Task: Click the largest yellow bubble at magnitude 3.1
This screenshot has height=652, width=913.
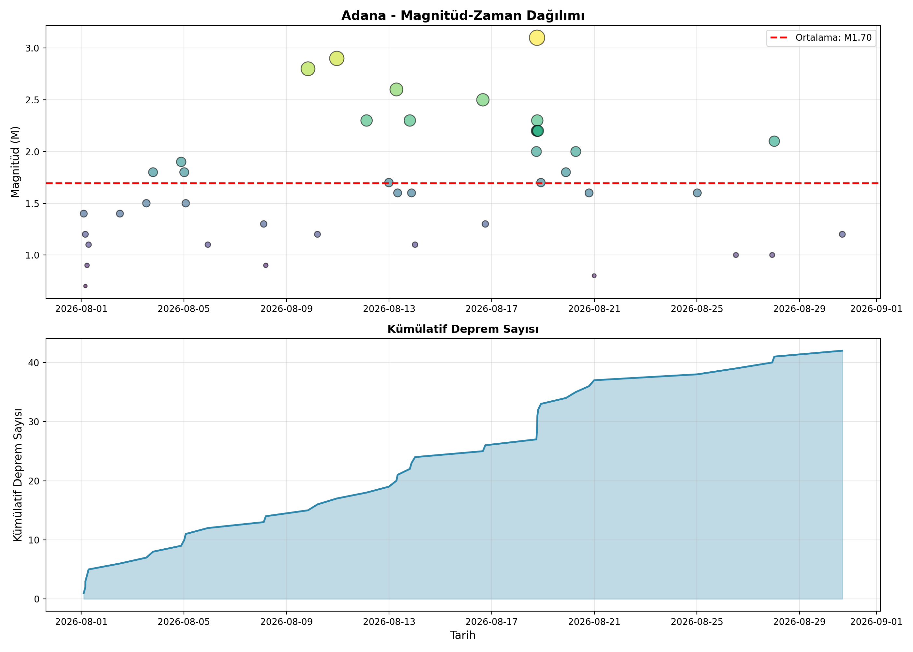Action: pos(537,38)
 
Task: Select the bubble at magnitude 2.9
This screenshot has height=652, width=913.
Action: pos(337,59)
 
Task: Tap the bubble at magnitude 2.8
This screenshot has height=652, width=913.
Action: pos(307,69)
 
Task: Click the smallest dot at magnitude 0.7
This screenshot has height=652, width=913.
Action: pos(85,286)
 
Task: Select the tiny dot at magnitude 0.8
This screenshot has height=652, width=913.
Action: pos(594,276)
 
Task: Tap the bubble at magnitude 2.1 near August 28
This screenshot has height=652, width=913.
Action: pos(774,141)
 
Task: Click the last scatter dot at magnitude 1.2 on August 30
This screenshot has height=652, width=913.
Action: pos(842,234)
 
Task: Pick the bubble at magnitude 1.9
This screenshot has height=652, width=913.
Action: pos(181,162)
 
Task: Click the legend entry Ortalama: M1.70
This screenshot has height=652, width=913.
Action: pos(821,38)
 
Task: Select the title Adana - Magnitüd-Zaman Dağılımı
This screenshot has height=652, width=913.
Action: pos(463,16)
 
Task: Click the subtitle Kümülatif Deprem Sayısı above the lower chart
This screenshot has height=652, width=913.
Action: pos(463,329)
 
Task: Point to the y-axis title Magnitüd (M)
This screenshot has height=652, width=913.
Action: pos(15,162)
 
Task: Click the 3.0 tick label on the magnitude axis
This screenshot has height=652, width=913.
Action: pos(33,48)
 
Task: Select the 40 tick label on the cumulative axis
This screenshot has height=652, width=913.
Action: pos(34,363)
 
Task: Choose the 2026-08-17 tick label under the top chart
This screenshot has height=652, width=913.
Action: pos(491,309)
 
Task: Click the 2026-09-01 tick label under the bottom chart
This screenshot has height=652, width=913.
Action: pos(876,622)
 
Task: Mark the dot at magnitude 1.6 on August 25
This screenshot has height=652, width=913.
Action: pos(697,193)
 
